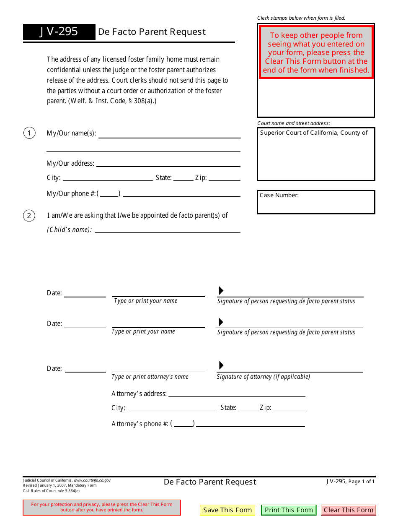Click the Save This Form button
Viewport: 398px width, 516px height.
(227, 510)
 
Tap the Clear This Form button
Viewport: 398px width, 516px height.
(349, 510)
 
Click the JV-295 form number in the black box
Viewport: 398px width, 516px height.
(59, 32)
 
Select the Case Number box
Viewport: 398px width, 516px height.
(316, 202)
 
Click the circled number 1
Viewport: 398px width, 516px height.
(29, 133)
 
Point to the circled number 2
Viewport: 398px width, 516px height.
(29, 216)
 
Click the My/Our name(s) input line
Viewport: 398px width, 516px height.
(169, 134)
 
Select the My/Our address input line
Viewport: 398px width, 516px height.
(168, 164)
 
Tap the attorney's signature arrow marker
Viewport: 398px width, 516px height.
(221, 365)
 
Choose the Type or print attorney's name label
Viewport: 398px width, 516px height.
(150, 377)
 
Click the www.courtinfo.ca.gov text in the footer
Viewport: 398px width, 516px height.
(92, 480)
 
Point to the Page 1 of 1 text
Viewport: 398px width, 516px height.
(362, 482)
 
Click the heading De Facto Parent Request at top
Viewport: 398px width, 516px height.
(152, 32)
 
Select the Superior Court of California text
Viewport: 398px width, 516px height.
(314, 133)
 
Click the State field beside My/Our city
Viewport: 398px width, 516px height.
(183, 178)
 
